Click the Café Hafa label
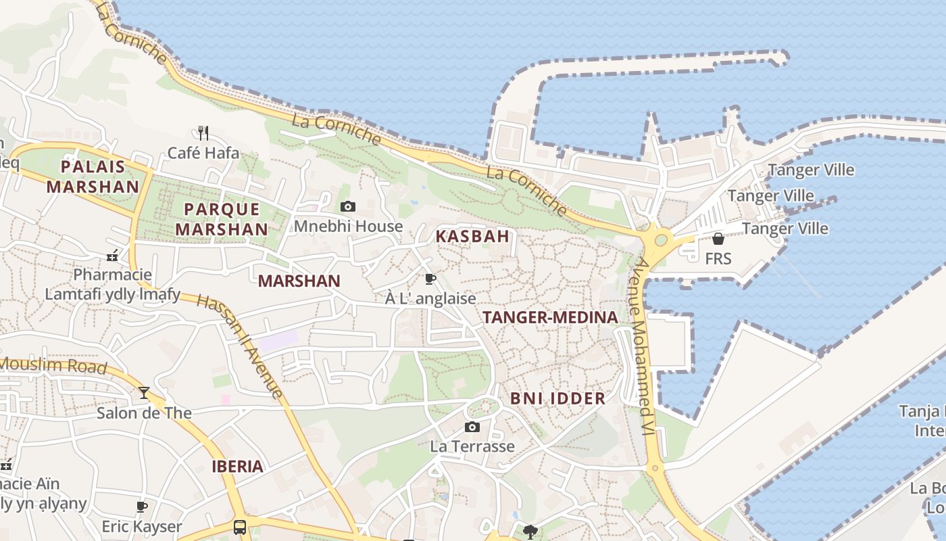point(203,154)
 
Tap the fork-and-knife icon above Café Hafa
point(203,133)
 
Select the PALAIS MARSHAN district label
point(93,177)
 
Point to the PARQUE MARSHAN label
point(222,219)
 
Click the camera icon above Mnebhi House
point(348,206)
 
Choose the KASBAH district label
point(472,237)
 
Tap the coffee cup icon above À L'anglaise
point(430,279)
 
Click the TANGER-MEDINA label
point(551,317)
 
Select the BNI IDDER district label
point(557,398)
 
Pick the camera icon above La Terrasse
point(472,427)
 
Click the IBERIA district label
point(237,466)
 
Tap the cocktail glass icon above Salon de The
point(144,392)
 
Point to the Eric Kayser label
point(142,526)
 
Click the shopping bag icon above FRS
point(718,239)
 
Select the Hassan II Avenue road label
point(241,346)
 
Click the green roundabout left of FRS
point(661,239)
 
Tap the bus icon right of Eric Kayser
point(240,527)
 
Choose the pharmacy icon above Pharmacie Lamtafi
point(113,256)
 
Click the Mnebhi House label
point(348,227)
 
